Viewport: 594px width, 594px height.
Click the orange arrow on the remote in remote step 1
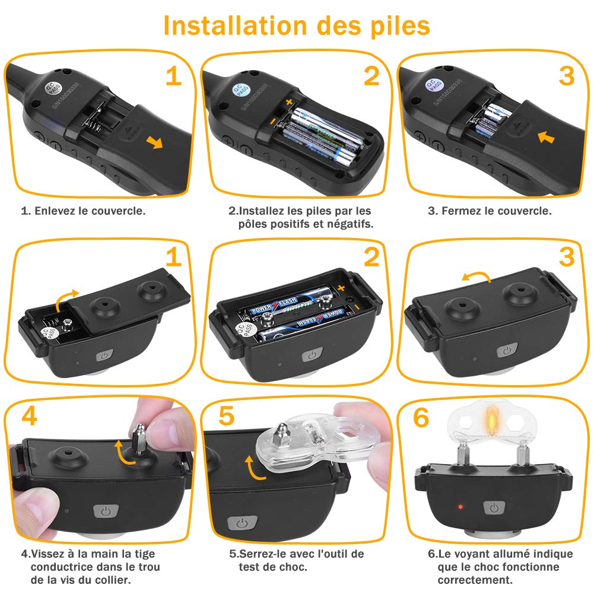[155, 143]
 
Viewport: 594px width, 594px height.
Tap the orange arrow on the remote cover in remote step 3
[546, 136]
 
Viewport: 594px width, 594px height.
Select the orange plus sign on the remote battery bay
[289, 101]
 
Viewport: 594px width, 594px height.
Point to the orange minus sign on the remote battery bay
[272, 122]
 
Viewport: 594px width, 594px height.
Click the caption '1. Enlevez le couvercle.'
[83, 211]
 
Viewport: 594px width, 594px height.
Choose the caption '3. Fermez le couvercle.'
[490, 211]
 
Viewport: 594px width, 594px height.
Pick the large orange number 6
[421, 418]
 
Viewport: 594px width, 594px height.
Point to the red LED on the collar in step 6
[460, 507]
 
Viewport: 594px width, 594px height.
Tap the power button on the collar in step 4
[106, 512]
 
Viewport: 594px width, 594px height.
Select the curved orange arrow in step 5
[253, 468]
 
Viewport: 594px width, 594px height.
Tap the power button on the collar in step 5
[242, 523]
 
